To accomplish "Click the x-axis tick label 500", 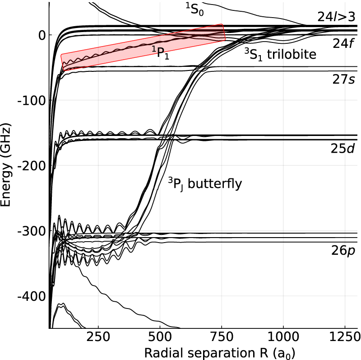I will coord(160,337).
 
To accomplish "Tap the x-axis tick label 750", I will coord(222,337).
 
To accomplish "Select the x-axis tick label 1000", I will coord(283,337).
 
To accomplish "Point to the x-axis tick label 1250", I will coord(344,337).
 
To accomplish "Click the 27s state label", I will coord(342,80).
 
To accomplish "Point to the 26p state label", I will coord(342,251).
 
